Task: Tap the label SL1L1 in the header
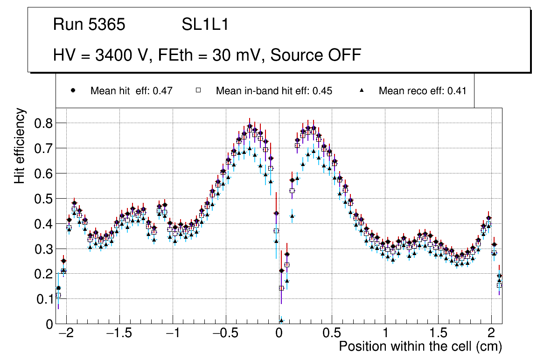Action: (205, 25)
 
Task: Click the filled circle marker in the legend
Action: (73, 90)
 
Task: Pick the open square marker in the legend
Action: (198, 90)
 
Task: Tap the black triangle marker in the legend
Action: (361, 90)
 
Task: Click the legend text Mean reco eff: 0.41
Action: (422, 91)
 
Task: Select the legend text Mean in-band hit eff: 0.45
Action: (274, 91)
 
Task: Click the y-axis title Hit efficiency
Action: (20, 145)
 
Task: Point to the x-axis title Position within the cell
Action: (420, 346)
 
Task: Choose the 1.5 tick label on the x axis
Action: (438, 334)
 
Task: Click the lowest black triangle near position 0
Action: (281, 320)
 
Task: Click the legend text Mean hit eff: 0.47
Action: (132, 91)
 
